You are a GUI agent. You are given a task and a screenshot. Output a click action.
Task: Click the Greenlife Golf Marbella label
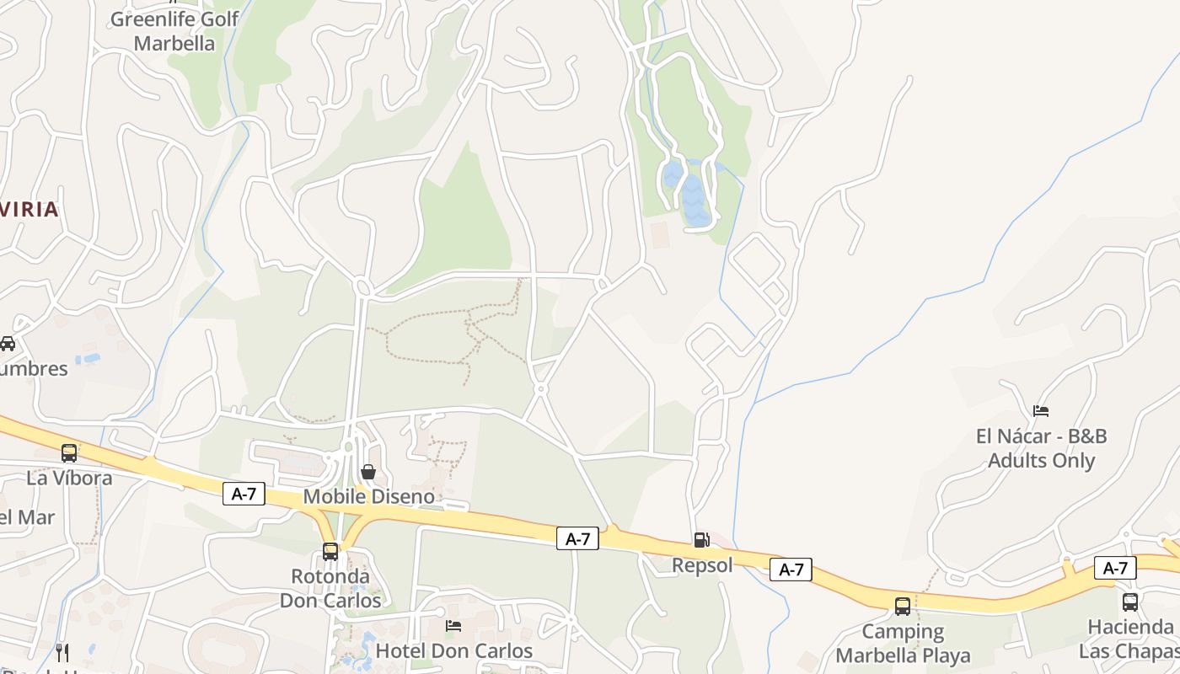tap(174, 30)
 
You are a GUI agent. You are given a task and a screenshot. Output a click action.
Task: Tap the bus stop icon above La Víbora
tap(69, 453)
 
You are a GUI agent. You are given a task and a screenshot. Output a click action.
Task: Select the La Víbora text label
tap(69, 478)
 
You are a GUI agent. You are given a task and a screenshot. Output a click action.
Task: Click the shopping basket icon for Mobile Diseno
tap(368, 472)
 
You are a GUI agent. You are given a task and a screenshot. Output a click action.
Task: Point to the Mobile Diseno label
tap(368, 496)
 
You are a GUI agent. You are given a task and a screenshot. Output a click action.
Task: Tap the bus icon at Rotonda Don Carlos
tap(330, 552)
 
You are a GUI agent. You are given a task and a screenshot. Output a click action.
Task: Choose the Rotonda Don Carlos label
tap(330, 588)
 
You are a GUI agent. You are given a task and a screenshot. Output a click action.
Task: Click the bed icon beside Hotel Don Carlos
tap(453, 626)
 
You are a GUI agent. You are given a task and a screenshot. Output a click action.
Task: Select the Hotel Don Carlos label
tap(453, 650)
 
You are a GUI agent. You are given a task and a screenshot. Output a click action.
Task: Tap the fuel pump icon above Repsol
tap(701, 540)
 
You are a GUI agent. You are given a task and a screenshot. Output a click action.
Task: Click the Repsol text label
tap(702, 565)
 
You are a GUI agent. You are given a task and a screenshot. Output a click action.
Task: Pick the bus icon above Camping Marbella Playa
tap(903, 607)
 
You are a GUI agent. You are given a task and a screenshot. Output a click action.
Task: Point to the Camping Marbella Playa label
tap(903, 643)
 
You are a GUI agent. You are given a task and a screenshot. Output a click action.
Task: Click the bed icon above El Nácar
tap(1041, 411)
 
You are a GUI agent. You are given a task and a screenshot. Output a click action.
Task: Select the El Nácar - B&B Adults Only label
tap(1041, 448)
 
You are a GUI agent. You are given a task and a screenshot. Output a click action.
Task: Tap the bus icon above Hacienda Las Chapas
tap(1130, 602)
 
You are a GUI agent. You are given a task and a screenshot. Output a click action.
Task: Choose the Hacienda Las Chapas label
tap(1129, 639)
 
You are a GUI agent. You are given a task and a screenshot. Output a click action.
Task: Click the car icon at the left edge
tap(8, 344)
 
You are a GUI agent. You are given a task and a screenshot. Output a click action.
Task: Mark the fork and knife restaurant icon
tap(62, 652)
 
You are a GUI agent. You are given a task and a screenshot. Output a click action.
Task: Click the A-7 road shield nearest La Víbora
tap(244, 494)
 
